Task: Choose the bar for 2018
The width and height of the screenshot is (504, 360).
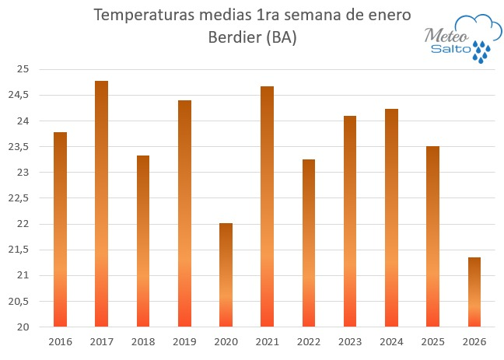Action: tap(143, 241)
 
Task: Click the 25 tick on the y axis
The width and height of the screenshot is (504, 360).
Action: tap(23, 70)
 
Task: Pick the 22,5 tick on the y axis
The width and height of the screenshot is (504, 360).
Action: tap(19, 198)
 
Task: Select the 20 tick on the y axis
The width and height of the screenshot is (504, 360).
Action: tap(23, 327)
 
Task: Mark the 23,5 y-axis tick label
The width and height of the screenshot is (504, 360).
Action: tap(19, 147)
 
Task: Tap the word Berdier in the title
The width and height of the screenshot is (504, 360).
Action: tap(234, 37)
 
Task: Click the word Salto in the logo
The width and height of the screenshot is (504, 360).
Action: tap(450, 50)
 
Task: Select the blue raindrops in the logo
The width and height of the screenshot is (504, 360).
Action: tap(483, 51)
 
